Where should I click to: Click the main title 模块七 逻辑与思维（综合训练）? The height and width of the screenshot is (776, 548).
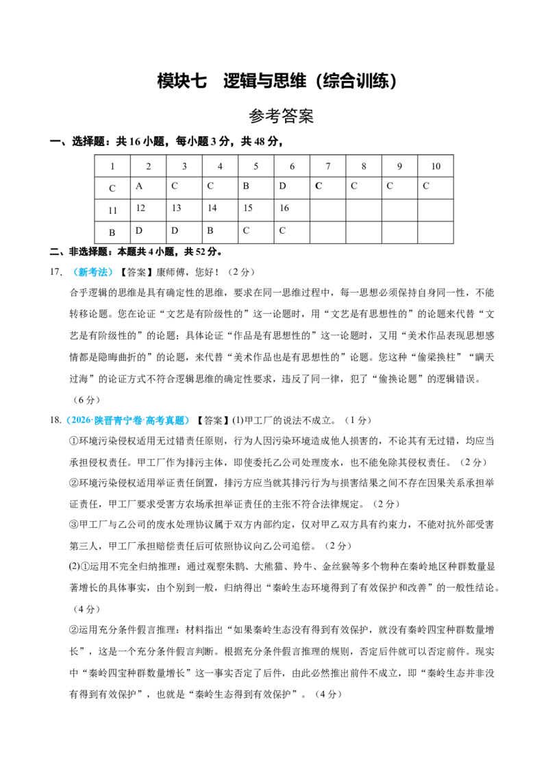tap(277, 81)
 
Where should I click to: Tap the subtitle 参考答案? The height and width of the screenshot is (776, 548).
tap(281, 117)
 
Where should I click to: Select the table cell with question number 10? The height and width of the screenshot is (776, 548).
tap(435, 167)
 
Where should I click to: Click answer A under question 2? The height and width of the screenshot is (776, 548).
tap(139, 186)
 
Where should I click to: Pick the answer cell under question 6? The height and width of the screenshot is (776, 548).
tap(292, 188)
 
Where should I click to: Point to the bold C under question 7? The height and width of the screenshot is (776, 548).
tap(318, 186)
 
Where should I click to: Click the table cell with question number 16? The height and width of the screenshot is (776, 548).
tap(292, 210)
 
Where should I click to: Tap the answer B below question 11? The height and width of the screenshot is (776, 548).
tap(112, 232)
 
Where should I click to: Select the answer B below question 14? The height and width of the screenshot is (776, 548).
tap(210, 230)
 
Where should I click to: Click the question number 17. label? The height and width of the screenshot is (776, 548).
tap(56, 271)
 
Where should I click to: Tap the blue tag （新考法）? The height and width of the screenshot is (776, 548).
tap(92, 271)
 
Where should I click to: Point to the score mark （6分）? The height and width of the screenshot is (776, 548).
tap(86, 400)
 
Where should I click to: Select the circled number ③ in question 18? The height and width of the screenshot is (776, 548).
tap(74, 524)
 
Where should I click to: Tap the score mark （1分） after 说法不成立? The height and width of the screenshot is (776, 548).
tap(358, 420)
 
